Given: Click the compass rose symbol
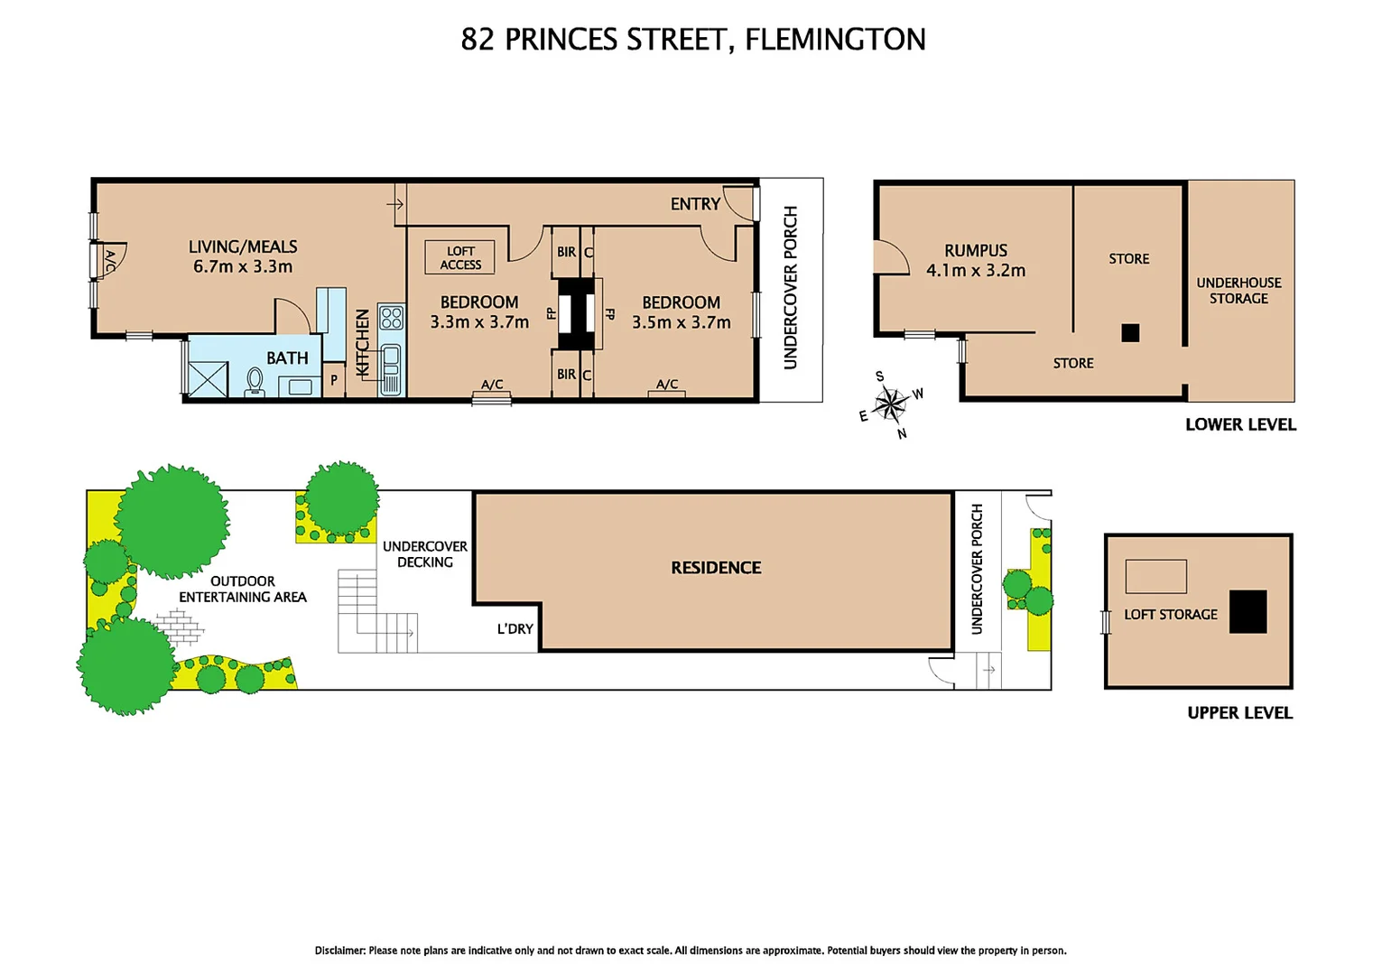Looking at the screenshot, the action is (x=891, y=404).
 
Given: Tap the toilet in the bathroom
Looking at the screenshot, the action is (x=255, y=383).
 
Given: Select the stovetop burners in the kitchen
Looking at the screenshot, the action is (x=391, y=318).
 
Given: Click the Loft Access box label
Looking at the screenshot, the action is (x=460, y=258).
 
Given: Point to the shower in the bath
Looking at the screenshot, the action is (x=207, y=379).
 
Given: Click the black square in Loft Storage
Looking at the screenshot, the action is (x=1248, y=611).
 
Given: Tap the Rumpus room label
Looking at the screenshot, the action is (x=976, y=251).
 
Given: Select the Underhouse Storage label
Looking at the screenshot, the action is (x=1238, y=291).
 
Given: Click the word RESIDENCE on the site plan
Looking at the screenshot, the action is (x=716, y=568).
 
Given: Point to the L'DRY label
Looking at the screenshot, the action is (x=515, y=629).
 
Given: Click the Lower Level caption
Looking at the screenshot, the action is (x=1240, y=425).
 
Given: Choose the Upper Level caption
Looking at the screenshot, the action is (x=1239, y=713).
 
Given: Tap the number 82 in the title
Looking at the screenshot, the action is (x=478, y=40).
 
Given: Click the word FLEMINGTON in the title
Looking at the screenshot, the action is (x=835, y=40).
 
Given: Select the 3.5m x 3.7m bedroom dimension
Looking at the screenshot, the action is (x=681, y=322).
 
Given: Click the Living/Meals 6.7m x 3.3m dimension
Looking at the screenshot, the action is (x=243, y=267).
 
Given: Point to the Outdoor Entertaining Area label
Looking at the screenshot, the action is (x=243, y=590).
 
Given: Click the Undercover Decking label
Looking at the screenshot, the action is (x=425, y=554).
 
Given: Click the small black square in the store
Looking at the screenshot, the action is (x=1130, y=333).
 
